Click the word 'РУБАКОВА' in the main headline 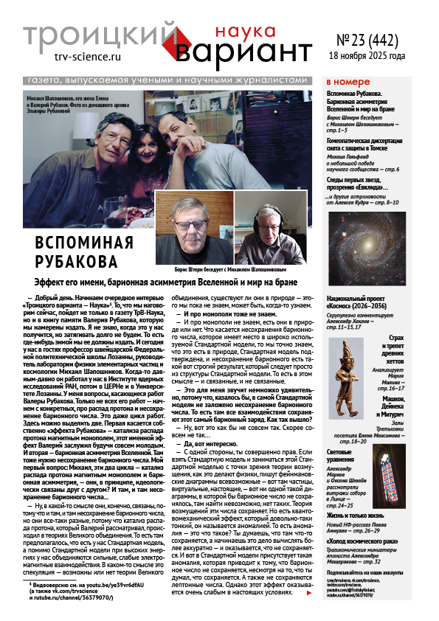click(77, 261)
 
